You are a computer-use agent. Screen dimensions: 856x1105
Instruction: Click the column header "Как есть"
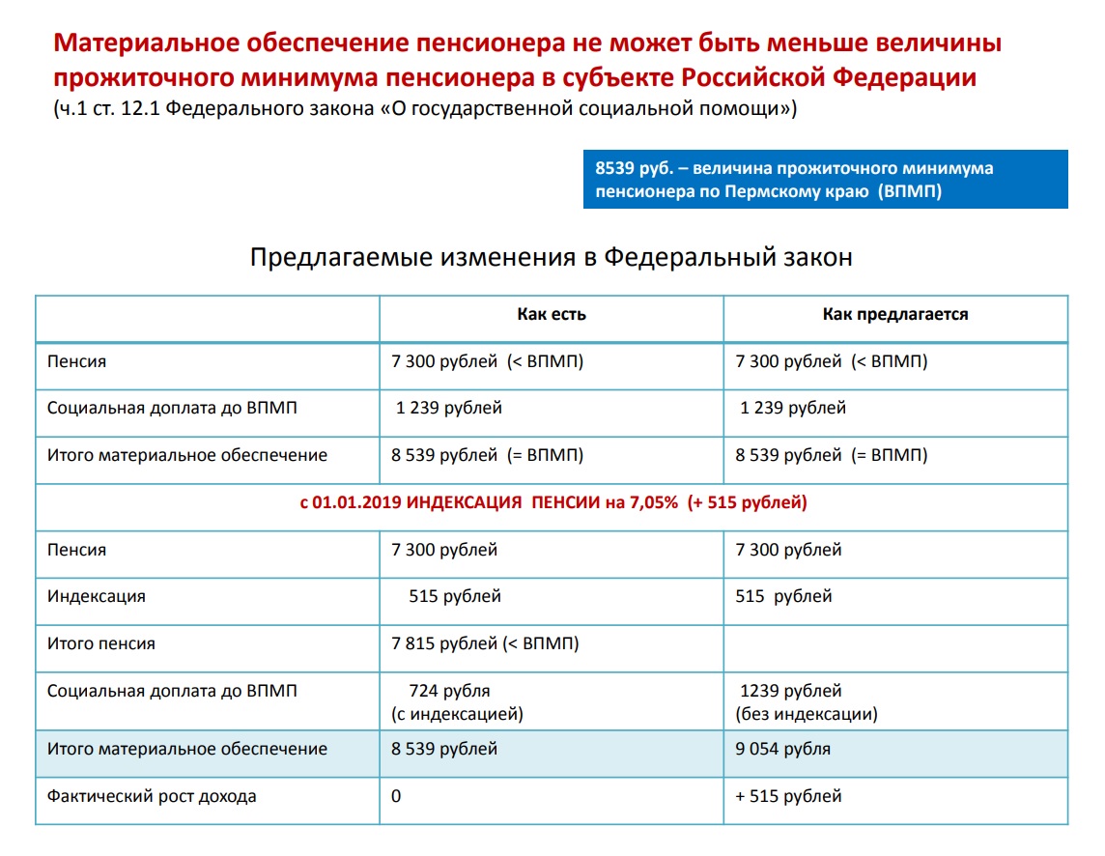click(x=551, y=315)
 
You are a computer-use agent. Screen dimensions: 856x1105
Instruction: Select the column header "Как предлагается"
click(x=894, y=315)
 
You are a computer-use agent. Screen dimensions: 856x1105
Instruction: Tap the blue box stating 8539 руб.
click(x=825, y=180)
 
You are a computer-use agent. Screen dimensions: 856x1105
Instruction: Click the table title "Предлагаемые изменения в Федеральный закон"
click(x=552, y=258)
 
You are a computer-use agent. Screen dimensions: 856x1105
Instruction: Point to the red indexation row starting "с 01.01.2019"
click(x=552, y=503)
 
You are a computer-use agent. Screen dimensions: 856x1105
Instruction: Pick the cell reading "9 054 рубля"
click(x=782, y=749)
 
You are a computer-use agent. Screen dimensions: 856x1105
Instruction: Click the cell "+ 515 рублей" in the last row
click(x=788, y=796)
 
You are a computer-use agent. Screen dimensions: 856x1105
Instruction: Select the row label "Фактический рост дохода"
click(x=152, y=796)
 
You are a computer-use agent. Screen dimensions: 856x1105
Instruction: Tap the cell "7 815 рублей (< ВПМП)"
click(x=485, y=643)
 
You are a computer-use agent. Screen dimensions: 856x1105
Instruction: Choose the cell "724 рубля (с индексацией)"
click(x=457, y=702)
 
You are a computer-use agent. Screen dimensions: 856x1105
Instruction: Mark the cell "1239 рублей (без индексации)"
click(x=806, y=702)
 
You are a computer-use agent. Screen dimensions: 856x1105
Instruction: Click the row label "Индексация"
click(x=97, y=596)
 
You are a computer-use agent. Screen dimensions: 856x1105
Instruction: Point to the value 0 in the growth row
click(x=396, y=796)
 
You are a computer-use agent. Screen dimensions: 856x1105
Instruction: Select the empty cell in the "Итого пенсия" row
click(x=894, y=643)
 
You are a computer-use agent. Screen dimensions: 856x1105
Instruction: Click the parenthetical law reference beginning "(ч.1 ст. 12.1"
click(x=425, y=109)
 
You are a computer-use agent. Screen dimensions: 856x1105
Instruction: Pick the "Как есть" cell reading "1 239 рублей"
click(x=449, y=408)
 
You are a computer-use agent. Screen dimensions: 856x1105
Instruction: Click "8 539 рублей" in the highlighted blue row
click(x=444, y=749)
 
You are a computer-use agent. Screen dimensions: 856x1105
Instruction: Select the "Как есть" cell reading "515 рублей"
click(x=455, y=596)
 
